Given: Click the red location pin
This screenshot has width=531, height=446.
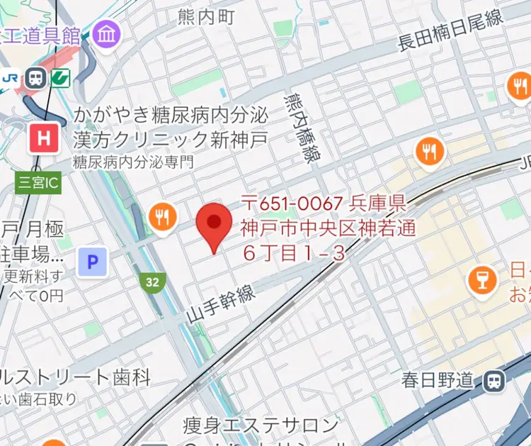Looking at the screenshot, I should pos(213,224).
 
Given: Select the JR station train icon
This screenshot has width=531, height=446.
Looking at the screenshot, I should pos(35,78).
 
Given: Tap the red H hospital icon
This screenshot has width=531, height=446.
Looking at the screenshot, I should pos(44,138).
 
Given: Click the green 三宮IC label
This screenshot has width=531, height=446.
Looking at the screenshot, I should pos(38,184).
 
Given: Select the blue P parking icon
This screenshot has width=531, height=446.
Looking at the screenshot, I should pos(91,262).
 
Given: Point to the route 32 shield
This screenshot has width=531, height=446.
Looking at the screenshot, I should pos(152,281).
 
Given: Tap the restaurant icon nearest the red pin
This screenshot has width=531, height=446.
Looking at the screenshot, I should pos(164,217).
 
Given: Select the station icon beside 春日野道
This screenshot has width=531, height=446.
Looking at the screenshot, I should pos(493,381).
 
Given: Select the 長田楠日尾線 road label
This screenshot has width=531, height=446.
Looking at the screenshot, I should pos(450,31).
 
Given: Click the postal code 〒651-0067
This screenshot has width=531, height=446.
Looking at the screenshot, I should pos(293,204).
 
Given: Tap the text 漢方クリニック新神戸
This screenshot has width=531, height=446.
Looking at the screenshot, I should pos(170,138).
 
